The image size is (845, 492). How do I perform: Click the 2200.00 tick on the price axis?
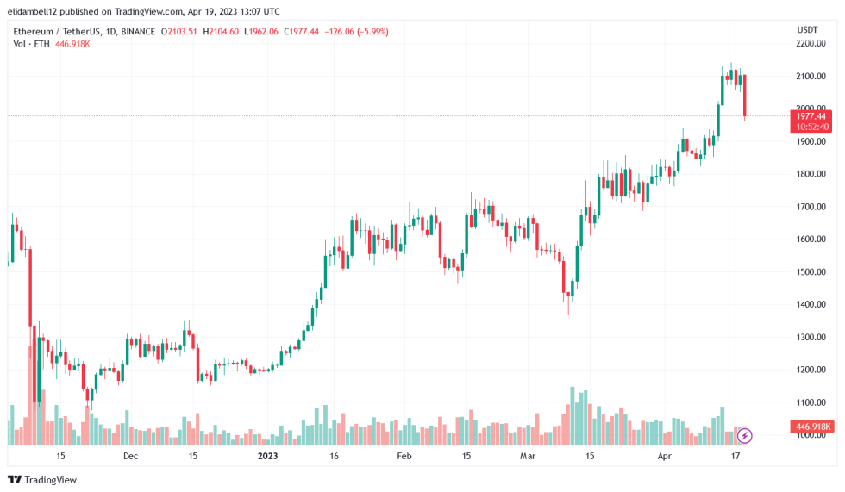(x=811, y=43)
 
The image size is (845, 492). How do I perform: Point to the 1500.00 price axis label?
(x=811, y=271)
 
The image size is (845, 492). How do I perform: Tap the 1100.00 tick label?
(x=811, y=402)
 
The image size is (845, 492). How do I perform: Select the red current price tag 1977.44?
(x=811, y=115)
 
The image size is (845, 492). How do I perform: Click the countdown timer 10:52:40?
(x=811, y=127)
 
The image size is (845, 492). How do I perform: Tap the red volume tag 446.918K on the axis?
(x=811, y=427)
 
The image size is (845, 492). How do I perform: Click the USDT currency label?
(x=808, y=30)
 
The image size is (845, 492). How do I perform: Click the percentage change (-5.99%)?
(x=369, y=32)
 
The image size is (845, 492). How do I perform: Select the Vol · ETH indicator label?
(x=33, y=43)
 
